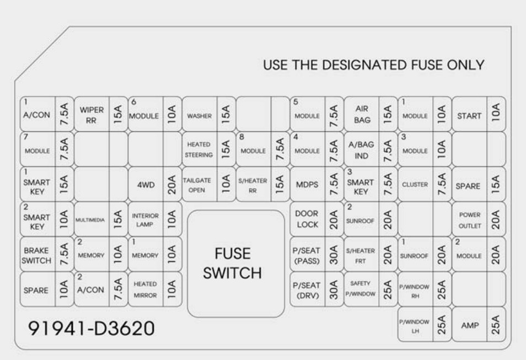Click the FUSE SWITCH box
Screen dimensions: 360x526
238,264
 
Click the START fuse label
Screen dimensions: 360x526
469,116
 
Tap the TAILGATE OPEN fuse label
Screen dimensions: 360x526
199,185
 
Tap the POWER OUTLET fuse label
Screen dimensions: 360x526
469,220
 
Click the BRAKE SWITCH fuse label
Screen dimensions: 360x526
37,255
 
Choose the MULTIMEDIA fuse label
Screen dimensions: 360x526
90,220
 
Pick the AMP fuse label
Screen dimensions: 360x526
469,326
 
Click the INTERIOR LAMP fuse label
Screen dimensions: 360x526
145,220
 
